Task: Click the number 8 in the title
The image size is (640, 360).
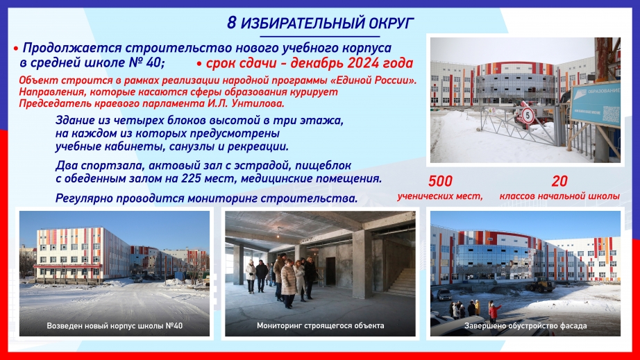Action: [231, 23]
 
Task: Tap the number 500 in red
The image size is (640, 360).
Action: [440, 181]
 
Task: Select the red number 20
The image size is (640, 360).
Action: [559, 181]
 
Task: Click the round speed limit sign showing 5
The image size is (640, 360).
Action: [528, 116]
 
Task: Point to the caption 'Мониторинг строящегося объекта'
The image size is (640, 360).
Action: [321, 325]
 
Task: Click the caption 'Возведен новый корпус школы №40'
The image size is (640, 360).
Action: [115, 326]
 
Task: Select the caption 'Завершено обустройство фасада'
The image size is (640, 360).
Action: [525, 326]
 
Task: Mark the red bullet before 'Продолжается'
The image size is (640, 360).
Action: [16, 49]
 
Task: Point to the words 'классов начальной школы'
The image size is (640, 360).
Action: [559, 196]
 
